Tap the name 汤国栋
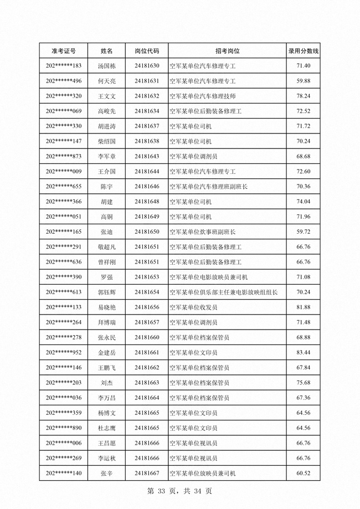tap(106, 66)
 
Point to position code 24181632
tap(147, 96)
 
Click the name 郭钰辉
tap(106, 292)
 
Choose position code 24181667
tap(147, 473)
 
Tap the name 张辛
tap(106, 473)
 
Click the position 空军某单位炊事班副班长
tap(202, 232)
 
